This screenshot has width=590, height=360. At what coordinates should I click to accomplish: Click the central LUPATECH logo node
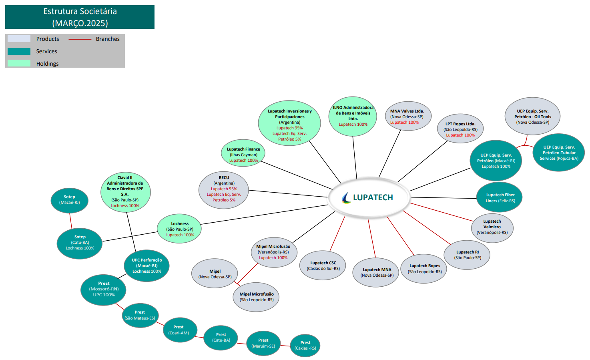[369, 197]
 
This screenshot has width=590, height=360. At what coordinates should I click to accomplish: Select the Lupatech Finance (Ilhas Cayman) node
[243, 154]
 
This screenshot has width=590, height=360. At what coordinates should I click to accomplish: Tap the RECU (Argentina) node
[224, 189]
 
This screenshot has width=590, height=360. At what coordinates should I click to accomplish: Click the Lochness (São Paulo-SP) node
[179, 229]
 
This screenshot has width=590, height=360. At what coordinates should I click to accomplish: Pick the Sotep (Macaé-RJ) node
[70, 200]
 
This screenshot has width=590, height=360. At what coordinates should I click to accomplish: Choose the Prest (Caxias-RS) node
[305, 346]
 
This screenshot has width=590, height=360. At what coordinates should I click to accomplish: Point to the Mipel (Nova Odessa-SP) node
[215, 274]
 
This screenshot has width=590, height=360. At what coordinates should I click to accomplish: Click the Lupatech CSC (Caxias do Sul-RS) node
[323, 265]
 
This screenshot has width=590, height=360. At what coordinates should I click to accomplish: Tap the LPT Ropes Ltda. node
[460, 129]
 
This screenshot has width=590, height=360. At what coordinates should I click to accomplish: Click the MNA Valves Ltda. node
[407, 116]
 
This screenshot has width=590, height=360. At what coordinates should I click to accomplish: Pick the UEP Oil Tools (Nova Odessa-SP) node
[532, 116]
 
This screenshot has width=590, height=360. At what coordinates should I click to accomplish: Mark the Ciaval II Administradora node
[125, 192]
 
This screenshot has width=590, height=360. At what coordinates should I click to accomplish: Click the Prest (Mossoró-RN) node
[104, 289]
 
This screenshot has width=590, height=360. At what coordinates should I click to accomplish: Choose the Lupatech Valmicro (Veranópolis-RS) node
[492, 227]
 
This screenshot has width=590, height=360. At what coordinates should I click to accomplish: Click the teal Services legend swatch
[19, 51]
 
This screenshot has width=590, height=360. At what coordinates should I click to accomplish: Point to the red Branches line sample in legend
[80, 39]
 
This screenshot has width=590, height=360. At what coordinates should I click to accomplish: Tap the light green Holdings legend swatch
[19, 63]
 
